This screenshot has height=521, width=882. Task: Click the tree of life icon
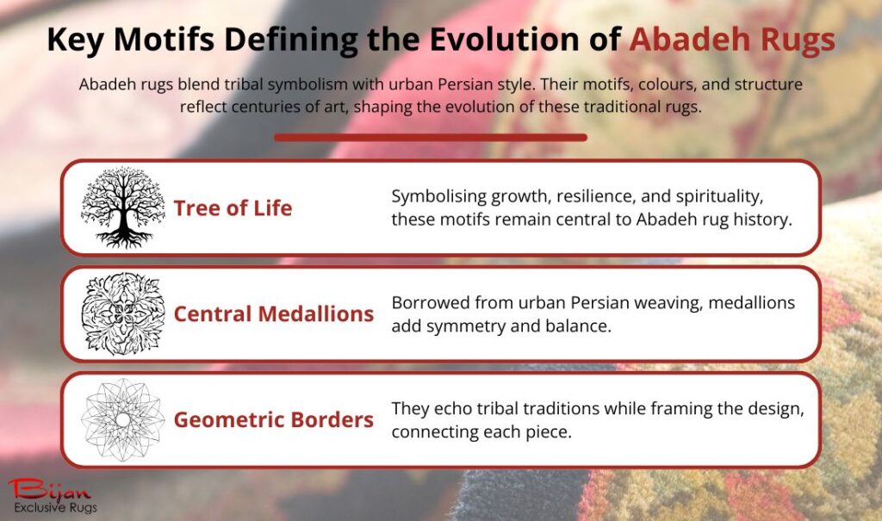(x=122, y=207)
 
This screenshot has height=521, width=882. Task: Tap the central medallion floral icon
(x=122, y=313)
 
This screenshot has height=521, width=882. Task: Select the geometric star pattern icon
(x=122, y=419)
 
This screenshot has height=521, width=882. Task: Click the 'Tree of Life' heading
(x=233, y=208)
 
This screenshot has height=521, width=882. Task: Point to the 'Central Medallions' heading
(x=274, y=313)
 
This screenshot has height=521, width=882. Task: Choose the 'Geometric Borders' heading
(x=274, y=420)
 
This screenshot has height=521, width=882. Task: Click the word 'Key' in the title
(x=73, y=40)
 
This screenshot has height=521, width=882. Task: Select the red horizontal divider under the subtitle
(x=431, y=137)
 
